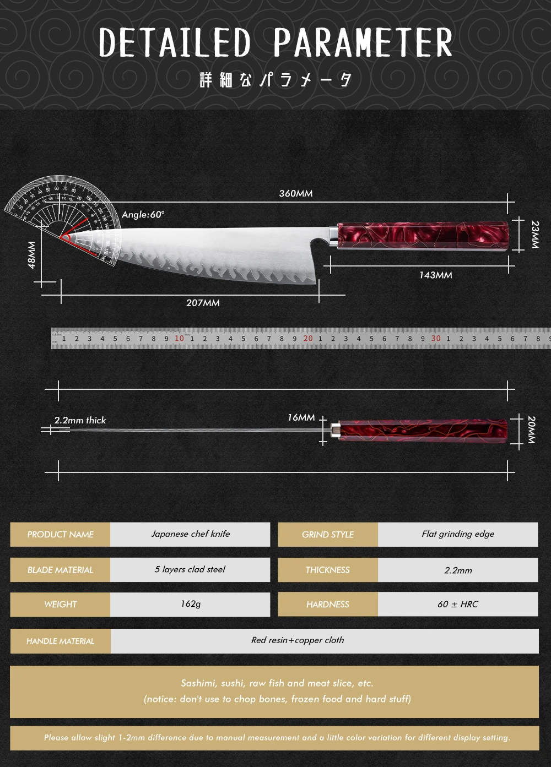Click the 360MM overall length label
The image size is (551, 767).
296,193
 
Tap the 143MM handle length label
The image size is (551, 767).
435,275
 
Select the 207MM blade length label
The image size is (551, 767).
203,303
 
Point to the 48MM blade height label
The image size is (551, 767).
31,255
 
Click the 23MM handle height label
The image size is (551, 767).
535,235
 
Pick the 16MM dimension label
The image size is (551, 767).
301,418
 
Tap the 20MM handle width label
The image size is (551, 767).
531,430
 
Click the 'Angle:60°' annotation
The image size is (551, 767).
143,215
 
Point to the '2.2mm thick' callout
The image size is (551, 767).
80,420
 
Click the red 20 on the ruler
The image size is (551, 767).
307,339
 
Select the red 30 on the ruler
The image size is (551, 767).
436,339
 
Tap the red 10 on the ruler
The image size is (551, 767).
179,339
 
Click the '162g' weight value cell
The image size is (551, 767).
190,604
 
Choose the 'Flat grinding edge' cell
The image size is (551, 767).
458,534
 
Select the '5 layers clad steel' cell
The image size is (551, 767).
190,569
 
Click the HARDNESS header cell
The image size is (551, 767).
328,605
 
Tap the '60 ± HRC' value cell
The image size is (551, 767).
458,605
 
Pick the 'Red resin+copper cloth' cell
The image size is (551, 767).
298,640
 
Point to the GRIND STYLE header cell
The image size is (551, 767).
328,535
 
